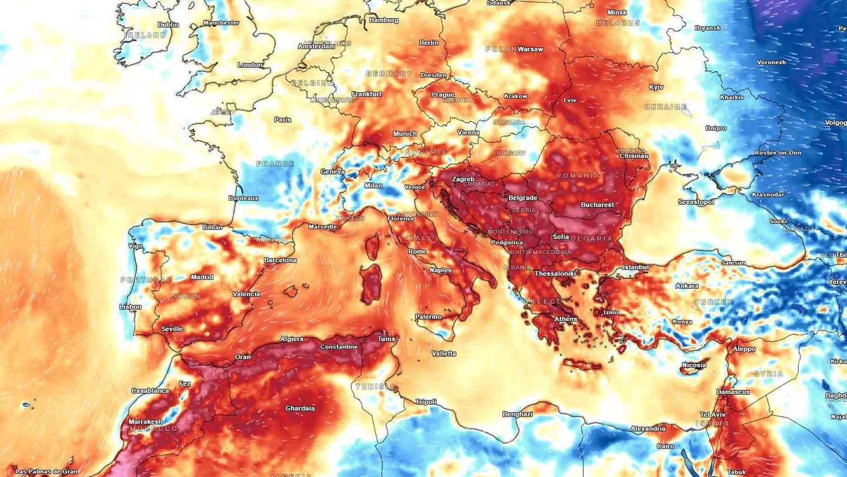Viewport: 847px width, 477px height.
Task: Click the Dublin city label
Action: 168,25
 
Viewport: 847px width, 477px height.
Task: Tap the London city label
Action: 250,65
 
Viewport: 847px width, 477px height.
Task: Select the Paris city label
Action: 282,119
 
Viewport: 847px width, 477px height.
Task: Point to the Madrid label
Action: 202,277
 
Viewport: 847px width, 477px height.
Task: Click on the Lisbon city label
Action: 130,307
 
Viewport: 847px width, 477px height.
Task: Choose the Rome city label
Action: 417,252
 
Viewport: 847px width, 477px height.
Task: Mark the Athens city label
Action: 566,319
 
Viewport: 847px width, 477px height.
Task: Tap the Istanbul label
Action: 635,267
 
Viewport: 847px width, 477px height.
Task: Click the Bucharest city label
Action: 597,205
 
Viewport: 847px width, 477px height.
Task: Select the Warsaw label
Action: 530,49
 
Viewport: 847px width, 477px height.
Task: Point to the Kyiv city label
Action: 656,87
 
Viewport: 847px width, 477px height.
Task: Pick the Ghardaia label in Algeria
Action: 300,408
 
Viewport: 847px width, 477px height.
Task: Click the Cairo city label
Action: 665,446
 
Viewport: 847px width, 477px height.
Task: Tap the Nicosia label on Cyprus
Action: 693,365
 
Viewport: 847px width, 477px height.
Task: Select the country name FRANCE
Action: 275,164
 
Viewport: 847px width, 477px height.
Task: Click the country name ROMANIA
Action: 578,176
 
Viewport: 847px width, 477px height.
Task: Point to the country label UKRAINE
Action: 665,107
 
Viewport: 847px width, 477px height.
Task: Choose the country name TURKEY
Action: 713,302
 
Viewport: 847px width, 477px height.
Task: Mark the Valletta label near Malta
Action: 443,353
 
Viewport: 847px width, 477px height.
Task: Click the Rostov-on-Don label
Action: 778,153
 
